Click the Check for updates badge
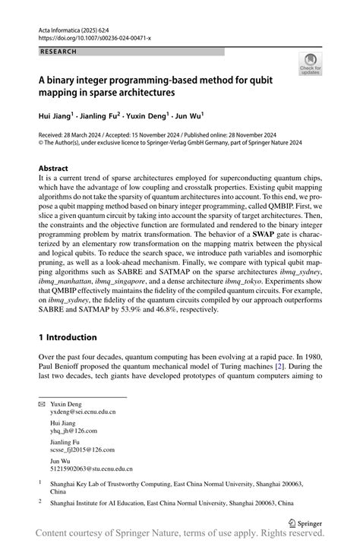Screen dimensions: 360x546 coord(310,65)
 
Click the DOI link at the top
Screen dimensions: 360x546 coord(90,36)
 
